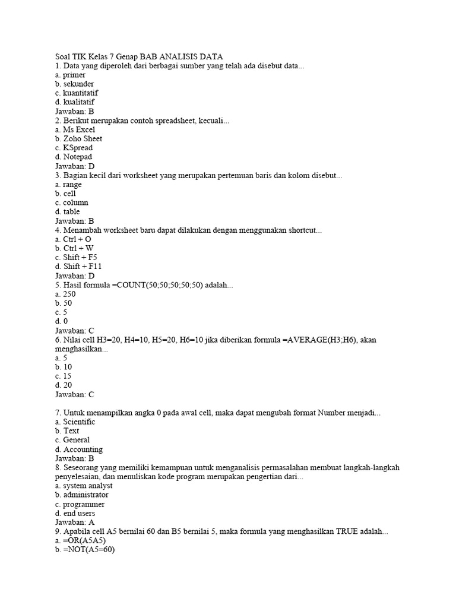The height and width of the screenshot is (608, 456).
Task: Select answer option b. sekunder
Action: (74, 84)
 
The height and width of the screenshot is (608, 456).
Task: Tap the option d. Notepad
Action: (74, 157)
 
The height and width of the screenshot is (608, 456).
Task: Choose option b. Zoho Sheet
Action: (78, 138)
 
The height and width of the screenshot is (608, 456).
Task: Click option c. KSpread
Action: (74, 148)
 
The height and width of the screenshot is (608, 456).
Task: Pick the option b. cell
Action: (65, 194)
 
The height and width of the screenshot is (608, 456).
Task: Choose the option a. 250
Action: (65, 294)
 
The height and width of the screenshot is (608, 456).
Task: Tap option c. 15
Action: (64, 376)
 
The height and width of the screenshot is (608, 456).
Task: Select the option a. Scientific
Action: (75, 422)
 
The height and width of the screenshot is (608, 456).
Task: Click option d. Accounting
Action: (78, 449)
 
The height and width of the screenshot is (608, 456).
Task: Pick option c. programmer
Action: (80, 504)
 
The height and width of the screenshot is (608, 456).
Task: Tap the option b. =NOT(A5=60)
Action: (84, 550)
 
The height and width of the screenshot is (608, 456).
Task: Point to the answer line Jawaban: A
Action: (75, 522)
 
